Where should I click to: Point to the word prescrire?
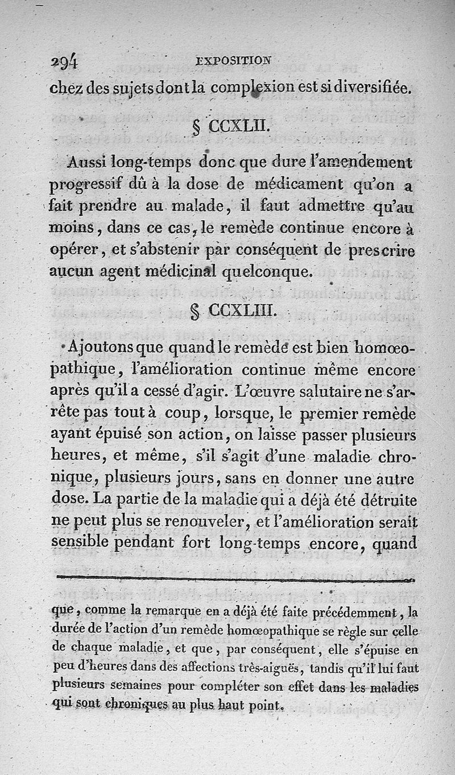click(x=380, y=250)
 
